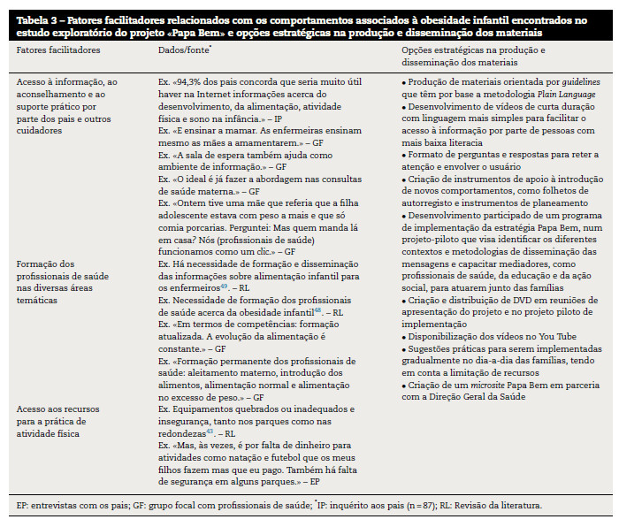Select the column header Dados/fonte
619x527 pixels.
point(183,51)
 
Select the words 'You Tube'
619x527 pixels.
point(537,349)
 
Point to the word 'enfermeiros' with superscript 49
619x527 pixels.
point(189,287)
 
